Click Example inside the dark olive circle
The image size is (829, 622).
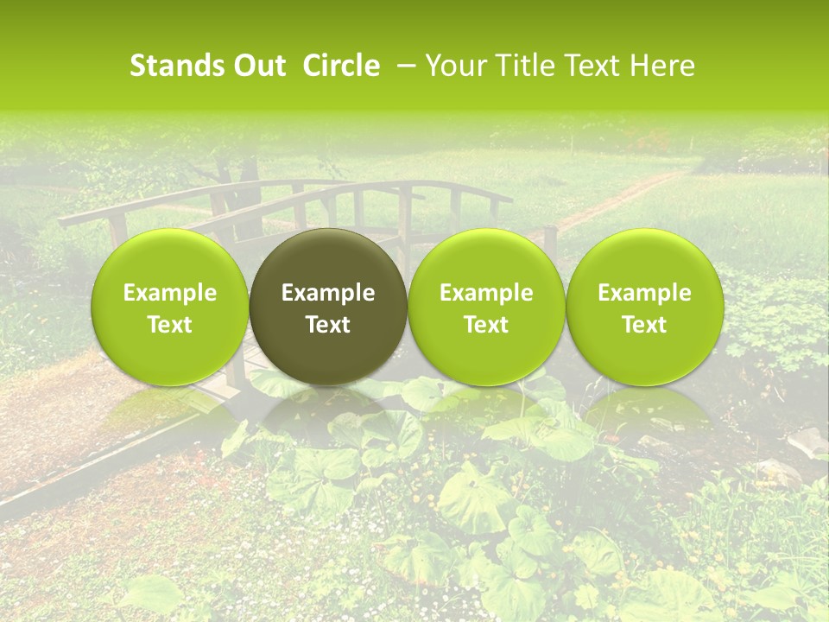(x=328, y=293)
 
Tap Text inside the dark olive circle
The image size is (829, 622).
(x=328, y=325)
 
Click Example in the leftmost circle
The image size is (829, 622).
(x=170, y=293)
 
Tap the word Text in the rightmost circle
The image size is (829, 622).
(x=644, y=325)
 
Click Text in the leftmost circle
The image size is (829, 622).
(x=170, y=325)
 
